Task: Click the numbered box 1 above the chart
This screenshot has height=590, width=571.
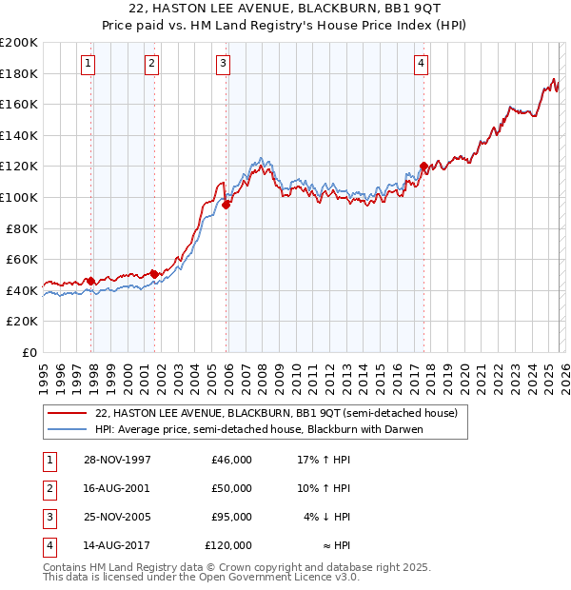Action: pos(88,64)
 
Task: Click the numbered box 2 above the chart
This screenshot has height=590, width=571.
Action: pos(151,64)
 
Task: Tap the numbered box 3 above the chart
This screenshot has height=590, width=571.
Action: pos(223,64)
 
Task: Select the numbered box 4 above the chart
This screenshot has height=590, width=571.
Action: pos(421,64)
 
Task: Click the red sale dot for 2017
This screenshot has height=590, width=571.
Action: pos(423,166)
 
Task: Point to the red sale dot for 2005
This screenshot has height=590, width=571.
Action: pos(226,204)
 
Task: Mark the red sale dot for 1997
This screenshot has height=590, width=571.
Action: pos(91,281)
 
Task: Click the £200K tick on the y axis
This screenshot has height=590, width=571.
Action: pos(19,43)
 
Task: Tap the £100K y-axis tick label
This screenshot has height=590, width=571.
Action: pos(19,197)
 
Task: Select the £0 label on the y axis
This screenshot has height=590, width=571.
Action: pos(29,352)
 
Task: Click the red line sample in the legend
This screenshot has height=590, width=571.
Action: pos(67,414)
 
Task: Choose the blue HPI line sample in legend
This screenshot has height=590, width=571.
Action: pos(67,429)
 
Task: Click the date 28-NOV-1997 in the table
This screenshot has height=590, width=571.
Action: pos(117,460)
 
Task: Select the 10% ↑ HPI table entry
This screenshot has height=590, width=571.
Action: pos(323,488)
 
